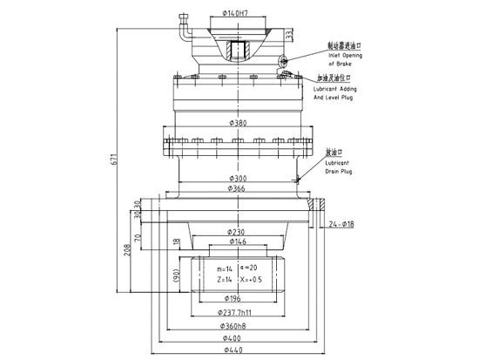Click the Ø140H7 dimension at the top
click(x=238, y=14)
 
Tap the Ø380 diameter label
click(x=237, y=123)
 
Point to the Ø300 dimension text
click(x=237, y=180)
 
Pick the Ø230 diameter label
click(x=236, y=232)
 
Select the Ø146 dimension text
click(x=236, y=241)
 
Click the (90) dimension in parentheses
click(x=176, y=278)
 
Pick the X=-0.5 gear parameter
click(x=253, y=280)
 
